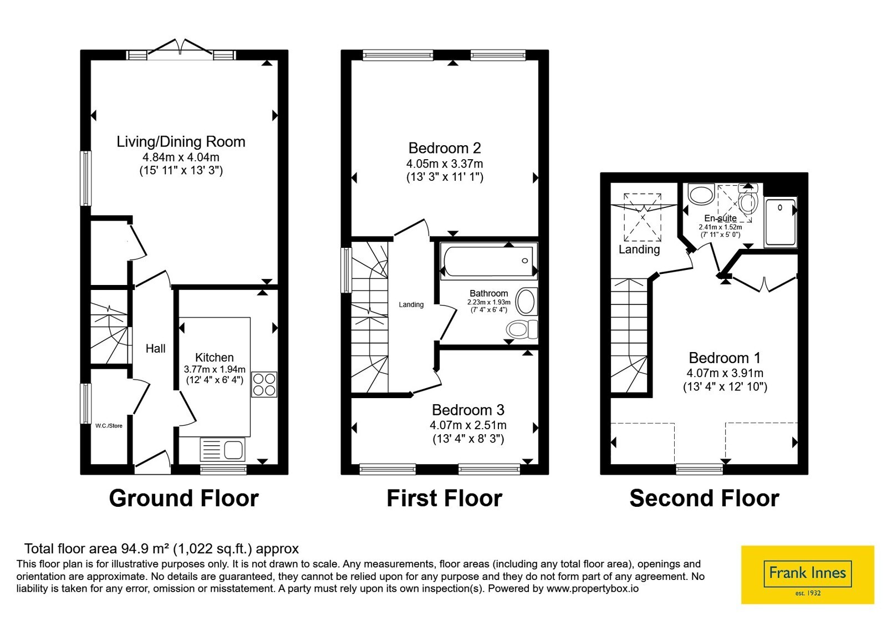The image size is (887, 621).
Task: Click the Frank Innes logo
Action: click(x=807, y=574)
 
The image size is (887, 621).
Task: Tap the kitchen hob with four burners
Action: click(x=264, y=384)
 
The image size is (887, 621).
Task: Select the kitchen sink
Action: click(x=222, y=450)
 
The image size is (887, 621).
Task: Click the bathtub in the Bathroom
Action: click(x=488, y=261)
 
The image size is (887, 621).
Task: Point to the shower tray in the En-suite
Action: click(x=781, y=222)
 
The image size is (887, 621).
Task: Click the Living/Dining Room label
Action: click(x=181, y=142)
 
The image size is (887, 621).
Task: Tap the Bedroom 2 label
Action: click(x=445, y=148)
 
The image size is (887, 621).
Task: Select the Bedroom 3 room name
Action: click(x=468, y=410)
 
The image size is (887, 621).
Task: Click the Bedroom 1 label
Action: click(x=725, y=358)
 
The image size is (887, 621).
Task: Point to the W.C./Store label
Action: click(x=109, y=426)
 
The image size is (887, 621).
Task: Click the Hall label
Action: click(x=156, y=349)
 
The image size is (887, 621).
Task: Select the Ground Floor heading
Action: click(x=183, y=498)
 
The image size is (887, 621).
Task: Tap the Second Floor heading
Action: click(x=704, y=498)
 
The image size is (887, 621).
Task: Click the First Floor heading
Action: click(x=444, y=498)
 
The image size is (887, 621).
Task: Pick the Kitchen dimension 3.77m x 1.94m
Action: click(x=215, y=369)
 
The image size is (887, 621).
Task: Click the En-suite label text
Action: click(x=720, y=218)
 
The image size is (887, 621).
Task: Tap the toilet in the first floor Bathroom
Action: click(x=522, y=329)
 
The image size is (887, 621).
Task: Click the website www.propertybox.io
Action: click(x=593, y=588)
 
